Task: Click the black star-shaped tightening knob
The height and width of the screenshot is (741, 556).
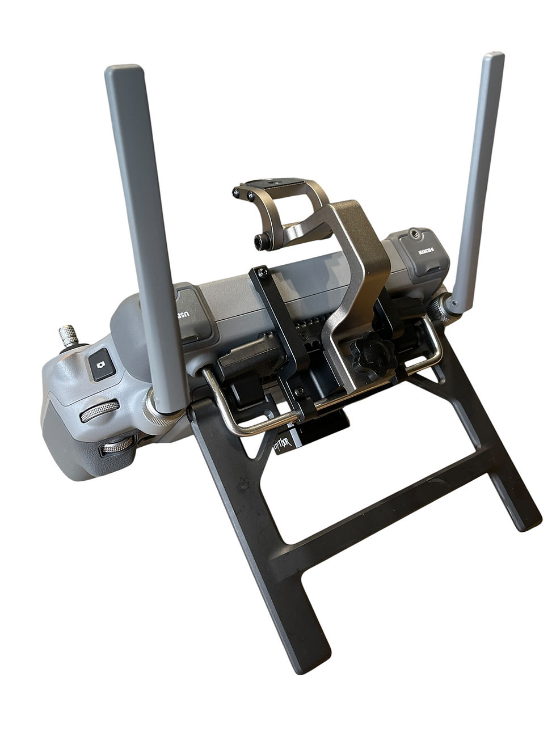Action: pyautogui.click(x=372, y=357)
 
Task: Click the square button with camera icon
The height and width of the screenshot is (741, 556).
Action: pyautogui.click(x=102, y=363)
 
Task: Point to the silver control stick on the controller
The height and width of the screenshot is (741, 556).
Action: pyautogui.click(x=69, y=336)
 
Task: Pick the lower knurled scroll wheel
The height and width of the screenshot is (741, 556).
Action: pyautogui.click(x=117, y=446)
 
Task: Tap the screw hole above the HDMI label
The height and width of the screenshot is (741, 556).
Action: pyautogui.click(x=415, y=234)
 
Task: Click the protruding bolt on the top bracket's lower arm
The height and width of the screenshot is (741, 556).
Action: pyautogui.click(x=262, y=242)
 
